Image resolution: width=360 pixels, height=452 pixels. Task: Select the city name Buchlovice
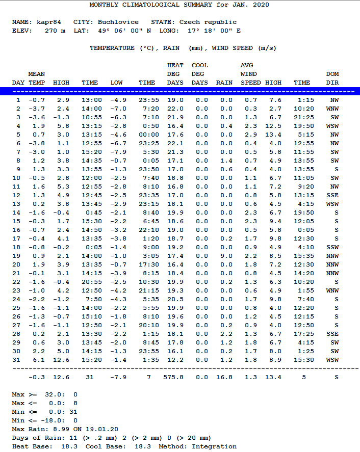tap(118, 22)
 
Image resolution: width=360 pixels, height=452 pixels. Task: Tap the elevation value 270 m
tap(55, 31)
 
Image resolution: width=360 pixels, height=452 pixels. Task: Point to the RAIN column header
tap(224, 82)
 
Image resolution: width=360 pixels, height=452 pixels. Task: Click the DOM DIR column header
tap(332, 78)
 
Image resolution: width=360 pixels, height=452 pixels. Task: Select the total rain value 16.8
tap(224, 377)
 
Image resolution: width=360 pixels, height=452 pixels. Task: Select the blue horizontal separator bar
tap(180, 91)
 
